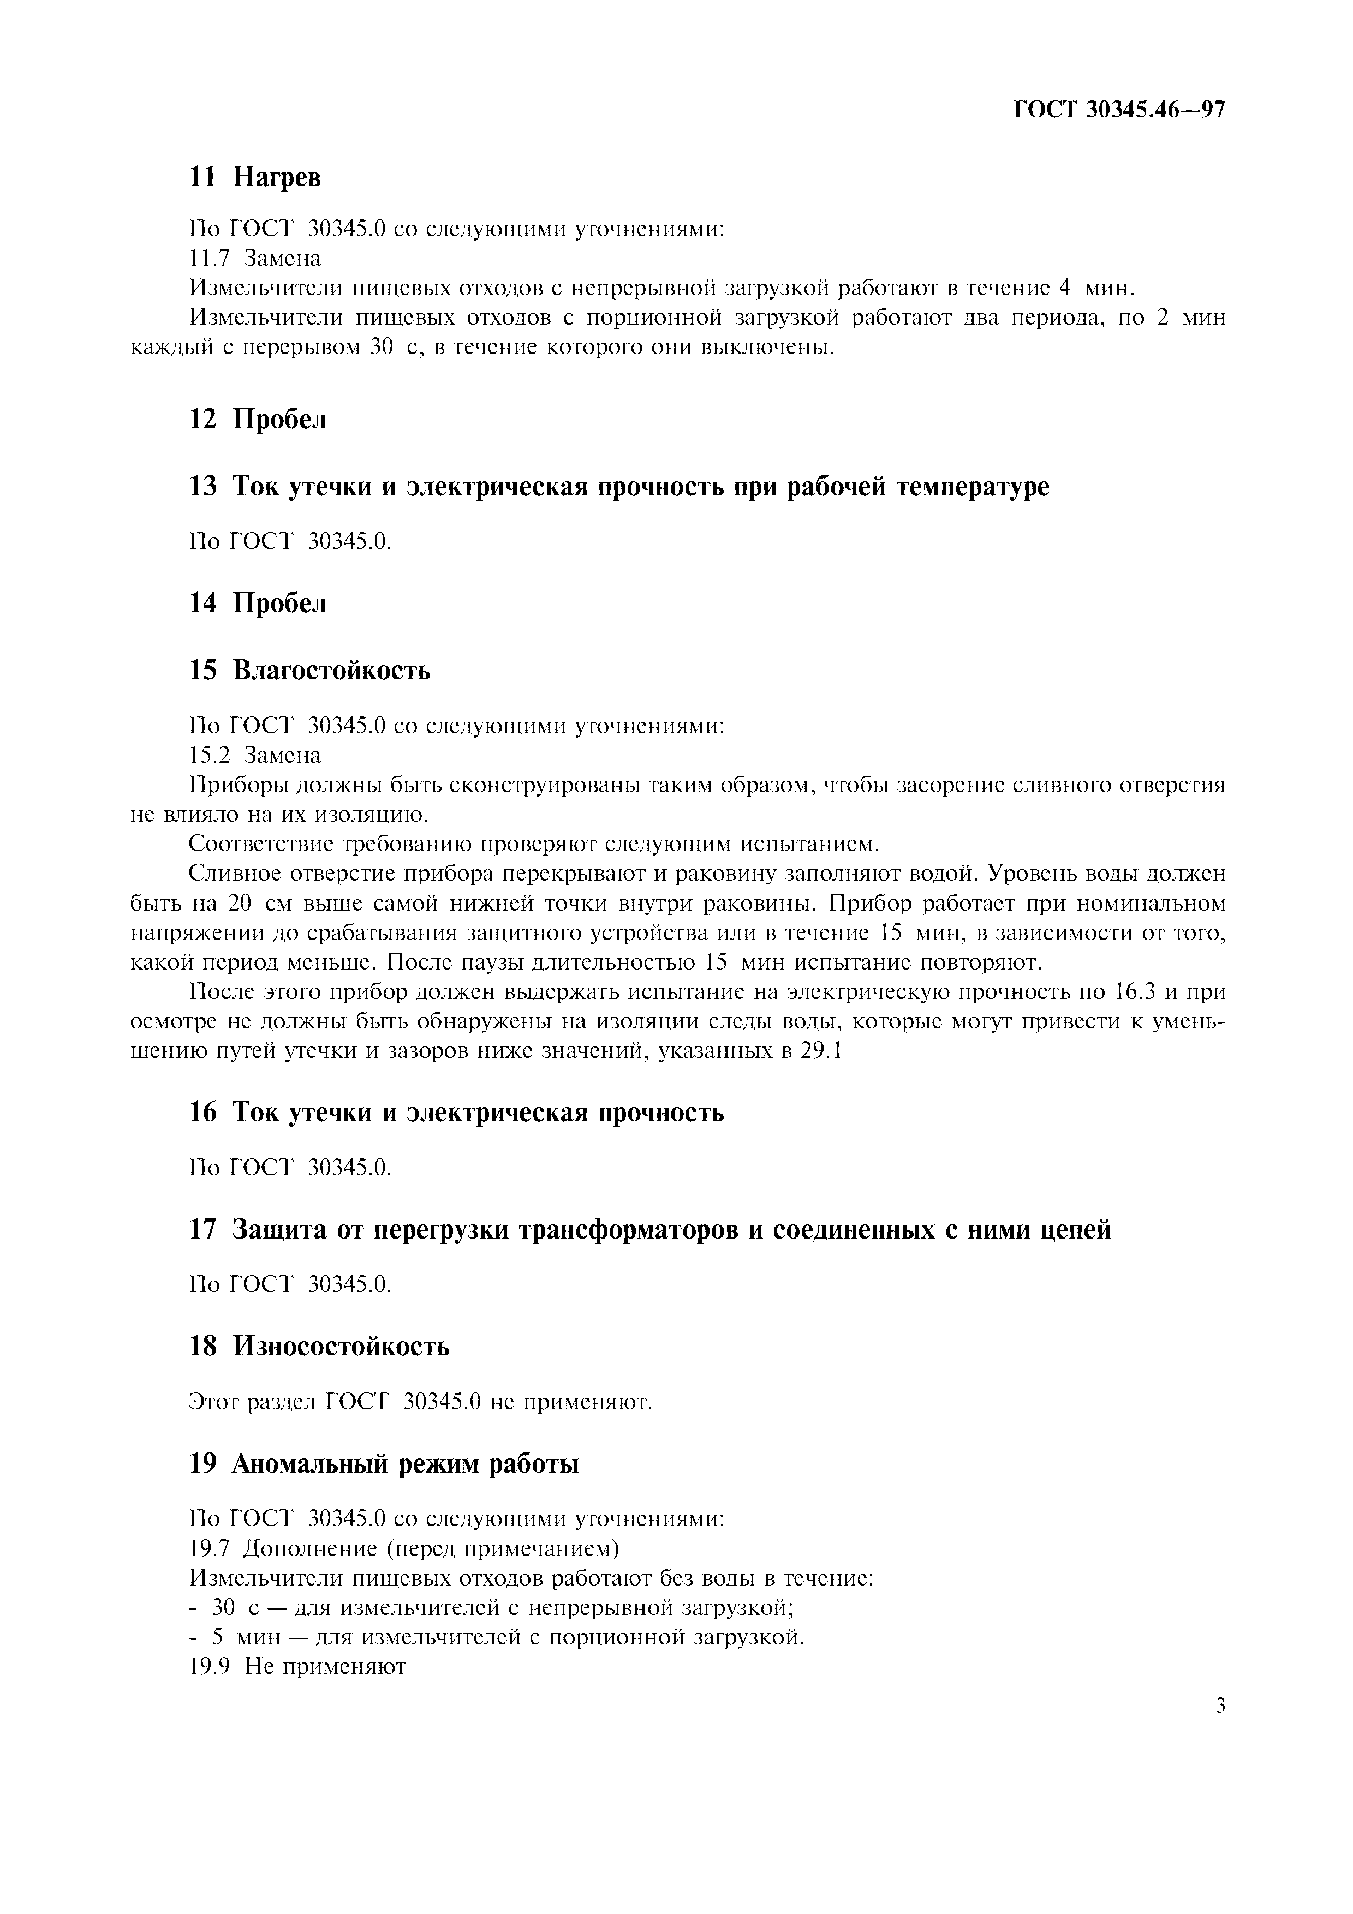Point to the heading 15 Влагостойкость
[309, 669]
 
